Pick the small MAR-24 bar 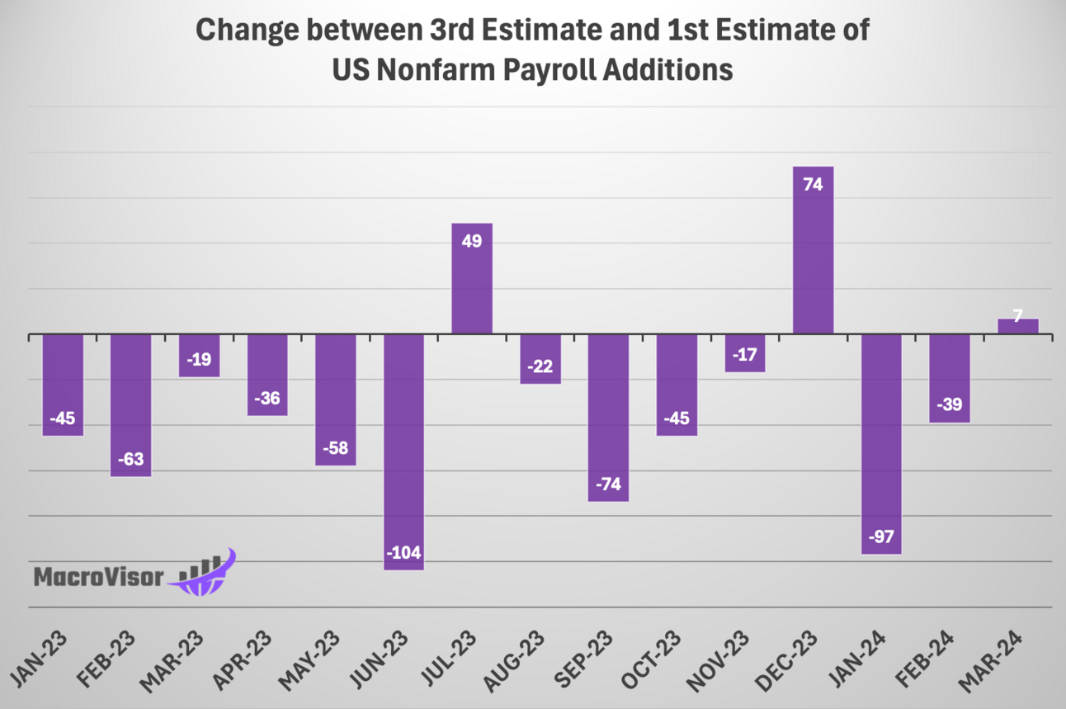(1018, 326)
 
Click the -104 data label (404, 551)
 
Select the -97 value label (881, 536)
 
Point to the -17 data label (744, 353)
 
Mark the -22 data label (540, 365)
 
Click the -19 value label (199, 358)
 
